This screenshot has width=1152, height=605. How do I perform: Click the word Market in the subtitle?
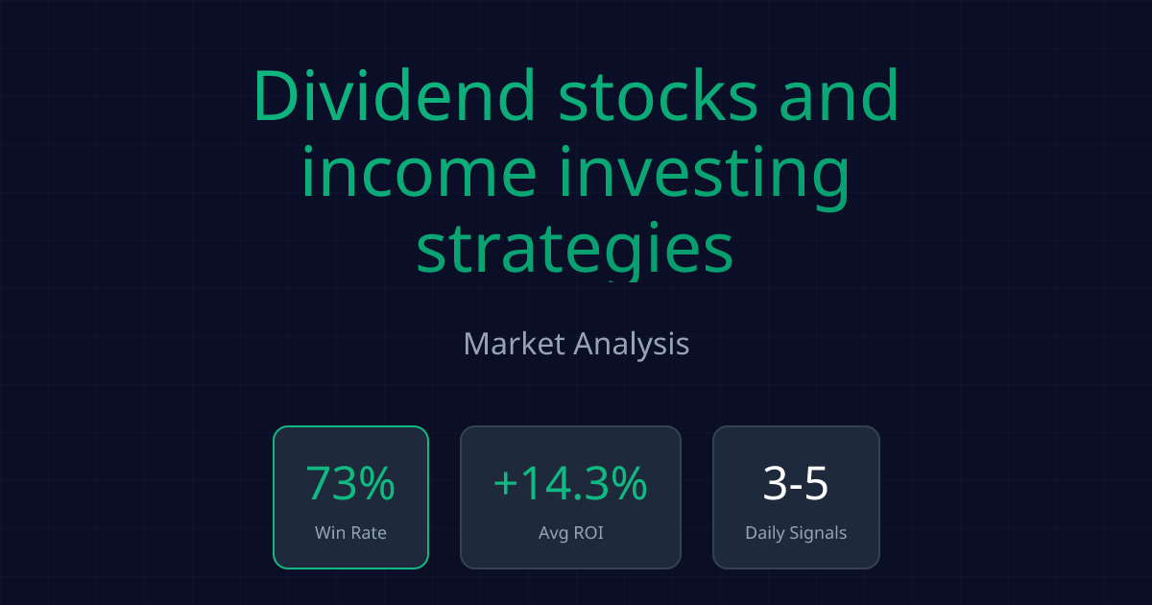(x=514, y=344)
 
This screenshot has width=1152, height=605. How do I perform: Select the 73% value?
(x=350, y=484)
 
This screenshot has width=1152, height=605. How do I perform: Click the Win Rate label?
(x=350, y=532)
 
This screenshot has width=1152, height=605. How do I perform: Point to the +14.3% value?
(x=570, y=484)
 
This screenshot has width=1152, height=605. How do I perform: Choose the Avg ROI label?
(x=570, y=532)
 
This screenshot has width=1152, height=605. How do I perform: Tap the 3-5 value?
(x=796, y=484)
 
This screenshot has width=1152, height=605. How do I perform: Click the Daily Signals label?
(x=796, y=532)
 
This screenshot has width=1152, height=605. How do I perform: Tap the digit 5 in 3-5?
(x=815, y=484)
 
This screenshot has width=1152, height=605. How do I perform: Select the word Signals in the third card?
(x=818, y=533)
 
